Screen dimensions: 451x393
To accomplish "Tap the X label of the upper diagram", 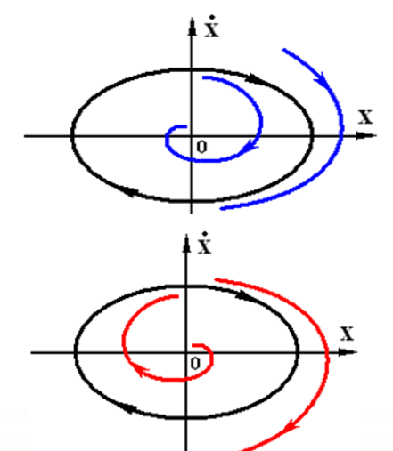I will [x=364, y=117].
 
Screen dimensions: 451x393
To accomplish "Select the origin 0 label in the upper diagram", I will [x=201, y=147].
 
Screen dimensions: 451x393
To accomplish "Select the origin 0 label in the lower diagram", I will [x=194, y=362].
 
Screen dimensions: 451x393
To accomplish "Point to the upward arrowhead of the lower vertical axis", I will [x=185, y=241].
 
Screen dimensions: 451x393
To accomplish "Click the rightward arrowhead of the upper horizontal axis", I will [x=367, y=135].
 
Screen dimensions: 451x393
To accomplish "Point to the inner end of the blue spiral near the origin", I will [x=184, y=127].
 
